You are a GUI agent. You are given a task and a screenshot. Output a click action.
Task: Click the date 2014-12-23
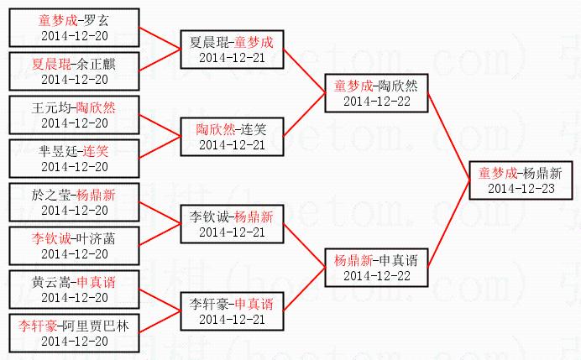[521, 189]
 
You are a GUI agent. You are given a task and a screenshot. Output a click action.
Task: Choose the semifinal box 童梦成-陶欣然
[376, 92]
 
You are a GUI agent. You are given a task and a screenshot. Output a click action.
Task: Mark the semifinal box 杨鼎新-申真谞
[376, 267]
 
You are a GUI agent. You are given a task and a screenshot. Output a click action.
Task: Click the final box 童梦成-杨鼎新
[521, 180]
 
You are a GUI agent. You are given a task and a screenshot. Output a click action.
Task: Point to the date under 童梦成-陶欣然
[376, 101]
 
